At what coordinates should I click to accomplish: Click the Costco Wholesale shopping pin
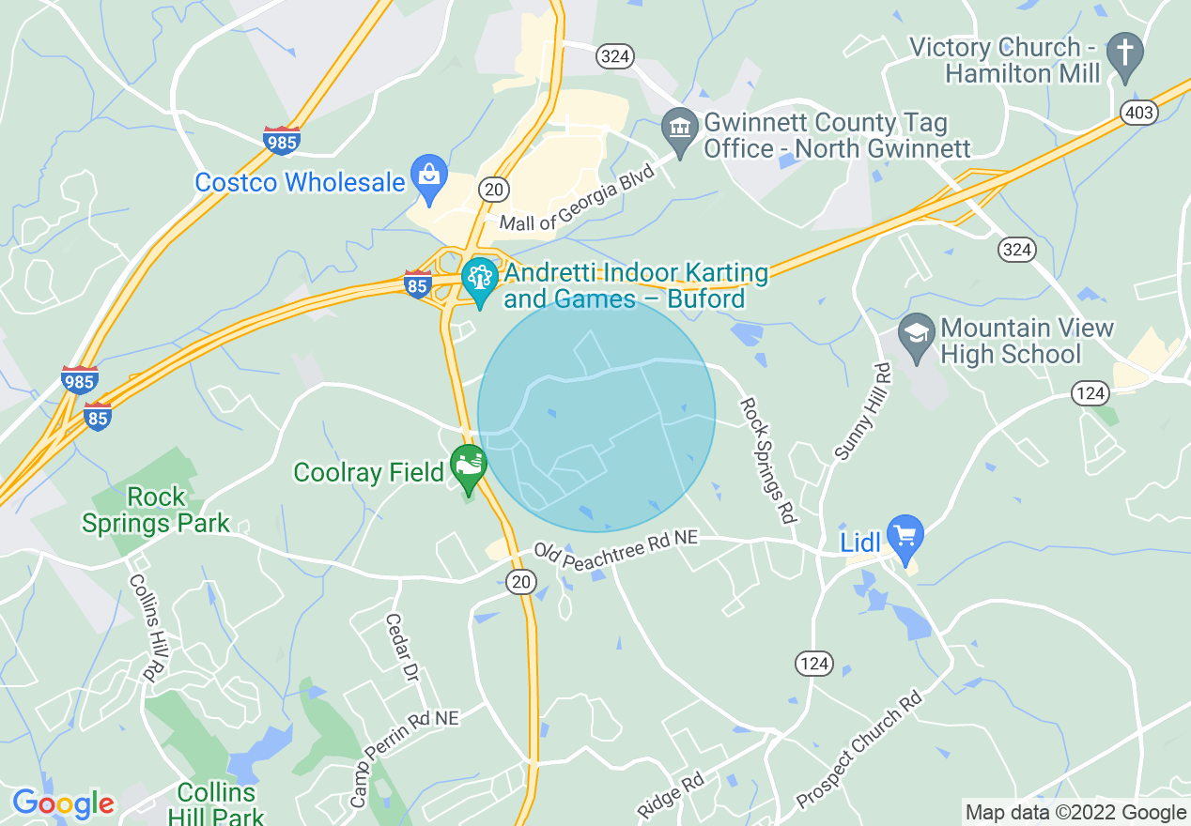click(430, 177)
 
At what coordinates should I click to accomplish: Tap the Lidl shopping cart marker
click(905, 537)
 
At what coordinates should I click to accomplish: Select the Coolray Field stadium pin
click(468, 467)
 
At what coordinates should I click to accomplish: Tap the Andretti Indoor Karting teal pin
click(480, 281)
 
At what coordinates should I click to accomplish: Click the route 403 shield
click(1138, 113)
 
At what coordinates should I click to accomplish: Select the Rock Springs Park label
click(156, 510)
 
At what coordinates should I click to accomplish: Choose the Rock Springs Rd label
click(768, 460)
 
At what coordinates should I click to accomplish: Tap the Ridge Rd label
click(671, 795)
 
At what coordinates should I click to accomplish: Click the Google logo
click(63, 803)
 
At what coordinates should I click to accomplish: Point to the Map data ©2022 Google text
click(1076, 813)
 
